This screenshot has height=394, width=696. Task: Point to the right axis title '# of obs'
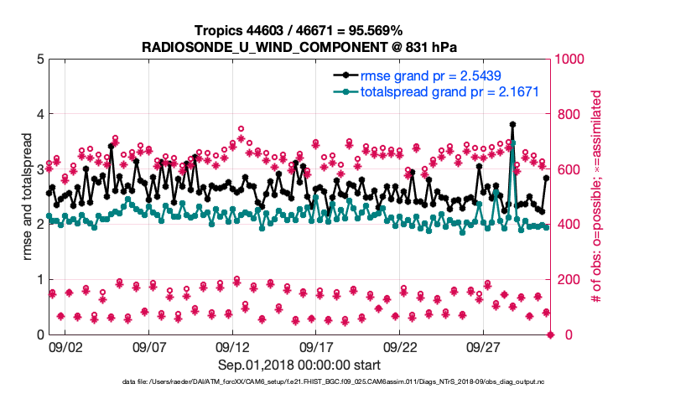coord(597,196)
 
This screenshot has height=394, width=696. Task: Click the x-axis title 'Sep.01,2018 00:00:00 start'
coord(299,365)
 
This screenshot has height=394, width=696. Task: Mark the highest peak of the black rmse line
coord(512,124)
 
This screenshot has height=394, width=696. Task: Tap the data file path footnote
coord(348,382)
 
